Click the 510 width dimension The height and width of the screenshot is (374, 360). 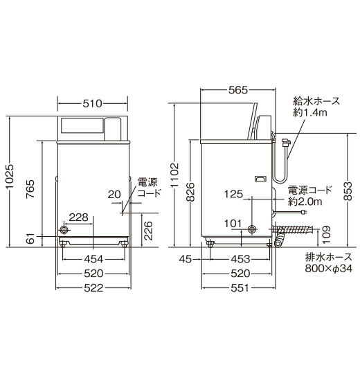92,104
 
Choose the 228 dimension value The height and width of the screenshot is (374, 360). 79,217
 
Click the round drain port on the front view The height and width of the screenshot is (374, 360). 66,229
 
